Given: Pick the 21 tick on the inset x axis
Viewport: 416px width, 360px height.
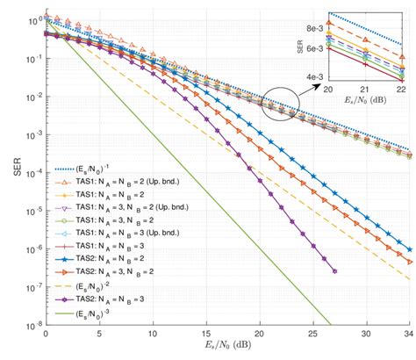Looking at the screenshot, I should pyautogui.click(x=364, y=90).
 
